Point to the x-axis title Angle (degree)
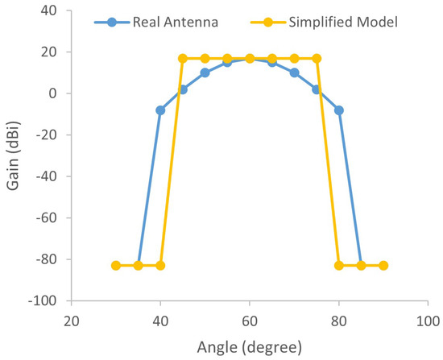250,348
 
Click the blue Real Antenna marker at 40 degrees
160,110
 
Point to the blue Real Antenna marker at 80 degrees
338,110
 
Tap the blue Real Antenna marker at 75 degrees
317,89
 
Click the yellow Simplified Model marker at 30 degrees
116,266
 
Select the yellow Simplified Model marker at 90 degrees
383,266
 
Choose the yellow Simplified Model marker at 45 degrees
183,58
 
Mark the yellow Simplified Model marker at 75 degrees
317,58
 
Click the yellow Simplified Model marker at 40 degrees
160,266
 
